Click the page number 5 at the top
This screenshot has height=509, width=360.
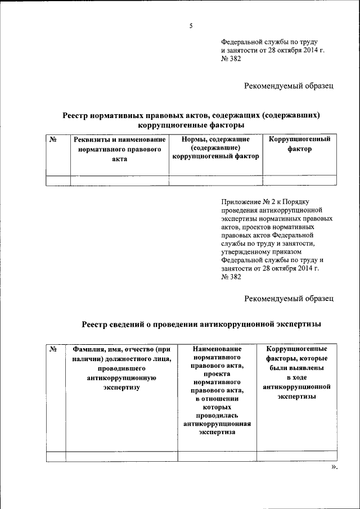[191, 26]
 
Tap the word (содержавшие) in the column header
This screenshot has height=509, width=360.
[215, 147]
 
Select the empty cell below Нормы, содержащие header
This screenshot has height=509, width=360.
[216, 181]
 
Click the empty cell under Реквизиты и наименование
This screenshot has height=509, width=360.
[119, 181]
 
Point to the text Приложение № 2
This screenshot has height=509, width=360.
[251, 201]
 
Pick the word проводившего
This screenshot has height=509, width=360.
[121, 368]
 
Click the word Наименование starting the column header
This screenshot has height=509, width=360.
[217, 349]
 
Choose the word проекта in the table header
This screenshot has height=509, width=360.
[217, 373]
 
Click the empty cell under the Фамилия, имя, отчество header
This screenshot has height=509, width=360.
[121, 456]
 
